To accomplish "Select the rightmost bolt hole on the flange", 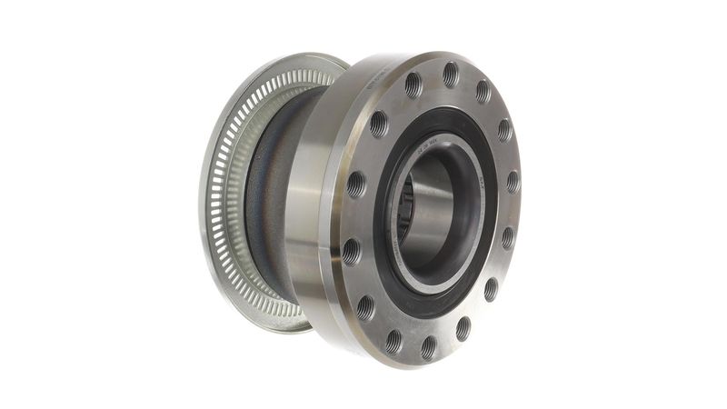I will tap(513, 182).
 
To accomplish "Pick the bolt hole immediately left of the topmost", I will tap(413, 85).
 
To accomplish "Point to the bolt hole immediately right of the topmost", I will tap(483, 91).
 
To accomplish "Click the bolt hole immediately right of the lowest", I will tap(463, 327).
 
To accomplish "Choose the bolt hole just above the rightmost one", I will tap(504, 130).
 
